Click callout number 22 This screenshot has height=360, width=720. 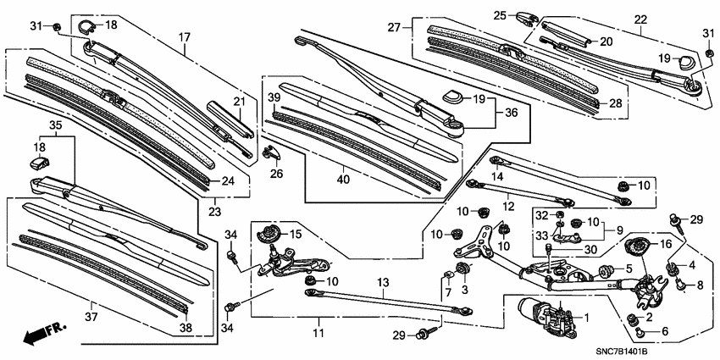(x=640, y=19)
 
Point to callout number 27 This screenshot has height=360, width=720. (x=394, y=27)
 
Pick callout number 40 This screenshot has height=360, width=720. (x=342, y=179)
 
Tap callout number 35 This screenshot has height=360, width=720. (x=55, y=125)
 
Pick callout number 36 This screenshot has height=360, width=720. (x=511, y=112)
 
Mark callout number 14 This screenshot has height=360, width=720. (x=498, y=176)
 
